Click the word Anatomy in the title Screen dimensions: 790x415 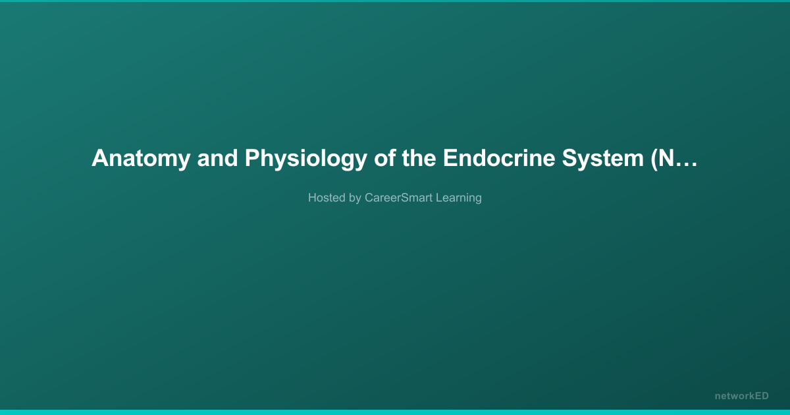click(141, 159)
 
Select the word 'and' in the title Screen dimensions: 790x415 click(218, 158)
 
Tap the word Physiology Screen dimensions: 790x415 click(306, 159)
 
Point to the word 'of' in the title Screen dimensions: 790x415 click(384, 158)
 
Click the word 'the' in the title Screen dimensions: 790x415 click(419, 158)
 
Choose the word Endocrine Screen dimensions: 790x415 click(499, 158)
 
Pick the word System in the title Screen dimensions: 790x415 click(603, 159)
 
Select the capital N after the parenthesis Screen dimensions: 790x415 click(667, 158)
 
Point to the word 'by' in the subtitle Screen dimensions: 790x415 click(355, 198)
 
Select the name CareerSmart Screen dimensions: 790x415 click(398, 198)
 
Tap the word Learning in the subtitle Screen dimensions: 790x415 click(459, 198)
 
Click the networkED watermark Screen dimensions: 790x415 click(742, 396)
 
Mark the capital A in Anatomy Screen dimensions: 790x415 click(100, 158)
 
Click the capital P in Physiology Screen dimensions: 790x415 click(253, 158)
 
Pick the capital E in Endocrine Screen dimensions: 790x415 click(450, 158)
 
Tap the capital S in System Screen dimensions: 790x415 click(569, 158)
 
